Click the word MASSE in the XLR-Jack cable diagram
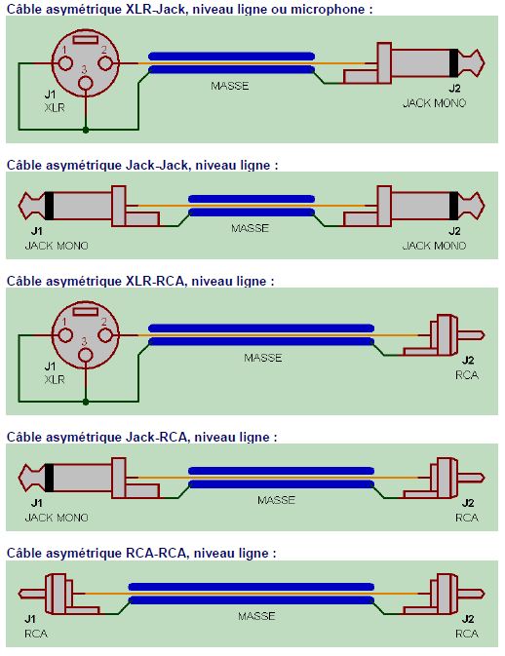(230, 86)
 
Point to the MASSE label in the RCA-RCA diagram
(256, 616)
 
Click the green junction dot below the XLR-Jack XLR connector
(87, 129)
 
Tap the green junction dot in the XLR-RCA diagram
(87, 401)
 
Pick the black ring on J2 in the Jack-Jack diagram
(452, 207)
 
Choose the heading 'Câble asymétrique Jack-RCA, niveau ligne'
(141, 437)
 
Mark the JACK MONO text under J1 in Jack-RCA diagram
(57, 518)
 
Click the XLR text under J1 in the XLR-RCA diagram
(55, 379)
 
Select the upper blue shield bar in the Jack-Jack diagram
(252, 199)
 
